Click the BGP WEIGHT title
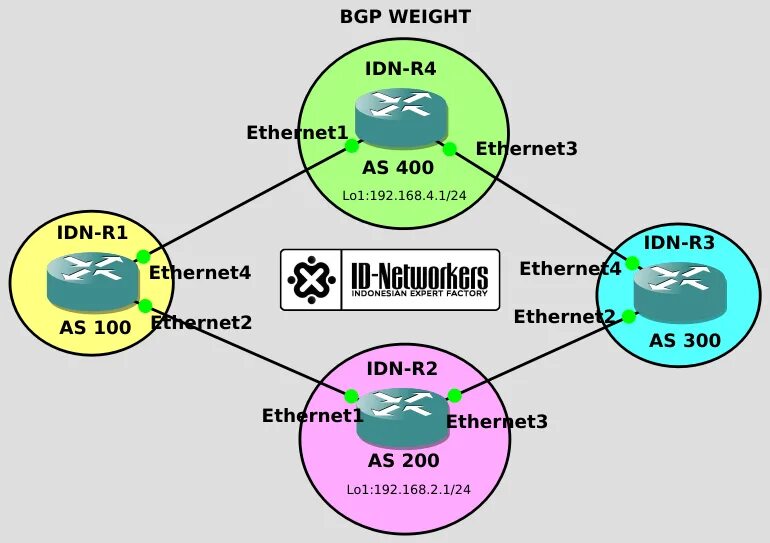coord(405,17)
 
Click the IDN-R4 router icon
coord(401,118)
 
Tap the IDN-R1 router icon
coord(92,281)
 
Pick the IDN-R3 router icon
coord(680,291)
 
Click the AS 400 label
coord(397,167)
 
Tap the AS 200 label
coord(403,461)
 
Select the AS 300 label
coord(684,340)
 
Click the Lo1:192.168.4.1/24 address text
coord(405,195)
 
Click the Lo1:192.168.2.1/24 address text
coord(408,489)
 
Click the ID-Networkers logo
coord(390,279)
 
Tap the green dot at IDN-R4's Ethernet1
coord(352,145)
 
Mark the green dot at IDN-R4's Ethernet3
coord(450,149)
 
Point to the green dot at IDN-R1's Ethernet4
coord(143,257)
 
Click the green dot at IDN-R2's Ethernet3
coord(454,396)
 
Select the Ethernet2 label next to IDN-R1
coord(200,322)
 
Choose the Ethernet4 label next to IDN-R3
coord(570,268)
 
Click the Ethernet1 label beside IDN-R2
coord(311,415)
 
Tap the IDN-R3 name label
coord(679,242)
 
